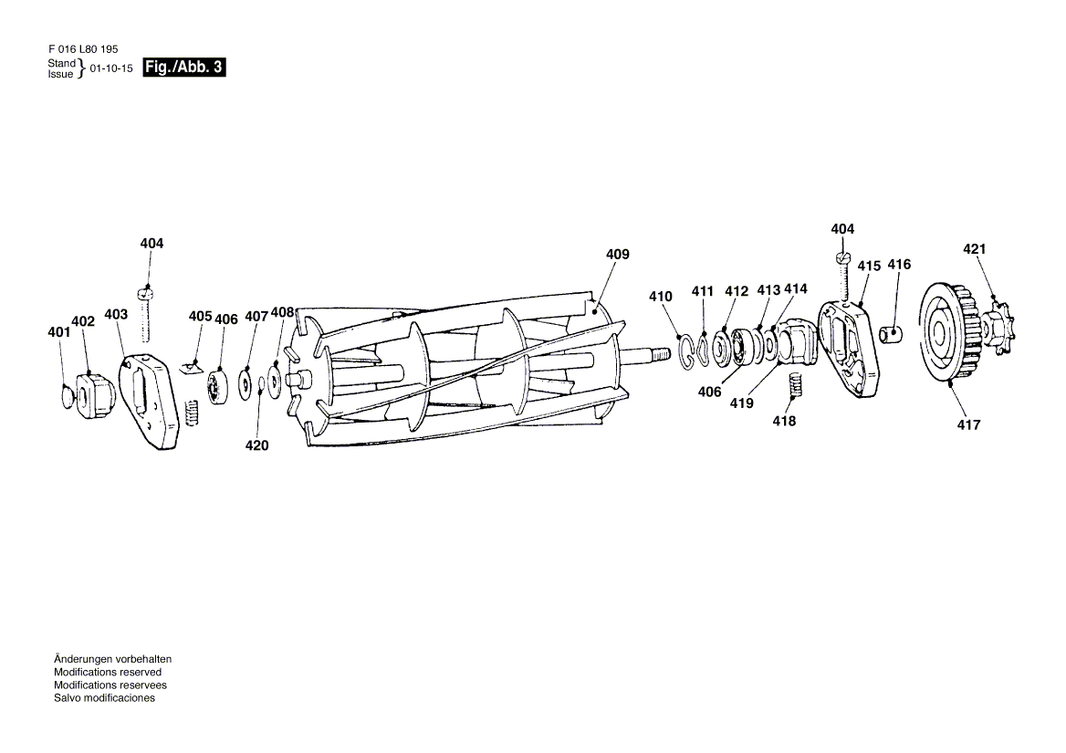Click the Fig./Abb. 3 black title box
183,68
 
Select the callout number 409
617,254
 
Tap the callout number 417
968,424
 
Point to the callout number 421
974,249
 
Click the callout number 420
256,445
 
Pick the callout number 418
784,422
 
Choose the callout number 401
59,332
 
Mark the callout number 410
660,297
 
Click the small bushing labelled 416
892,334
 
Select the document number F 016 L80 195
83,49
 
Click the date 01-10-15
111,68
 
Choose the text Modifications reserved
108,672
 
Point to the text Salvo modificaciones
105,698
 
